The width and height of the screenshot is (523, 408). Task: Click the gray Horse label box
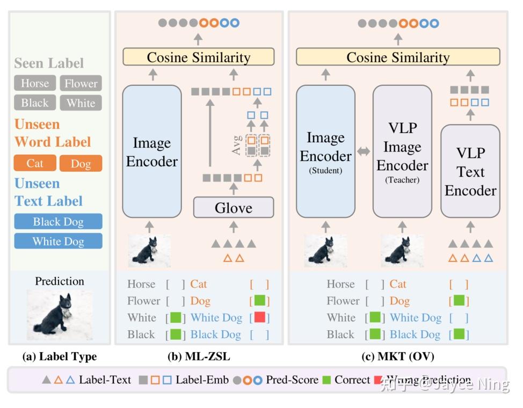(x=35, y=83)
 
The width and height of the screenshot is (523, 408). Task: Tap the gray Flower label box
(x=81, y=83)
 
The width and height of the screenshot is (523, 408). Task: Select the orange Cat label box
(x=34, y=163)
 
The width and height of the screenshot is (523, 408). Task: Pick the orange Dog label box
(x=81, y=163)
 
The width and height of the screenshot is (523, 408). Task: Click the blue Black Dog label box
(x=58, y=222)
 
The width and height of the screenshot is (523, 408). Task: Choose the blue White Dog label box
(x=58, y=241)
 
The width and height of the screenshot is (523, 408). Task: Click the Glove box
(x=234, y=207)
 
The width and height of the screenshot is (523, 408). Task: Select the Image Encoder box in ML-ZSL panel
(x=152, y=151)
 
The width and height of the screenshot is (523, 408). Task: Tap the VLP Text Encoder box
(x=470, y=171)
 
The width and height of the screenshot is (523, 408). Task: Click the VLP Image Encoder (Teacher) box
(x=402, y=151)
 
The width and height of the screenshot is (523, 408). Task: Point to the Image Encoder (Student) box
(x=325, y=151)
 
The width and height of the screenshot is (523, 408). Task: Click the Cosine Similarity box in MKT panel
(x=398, y=57)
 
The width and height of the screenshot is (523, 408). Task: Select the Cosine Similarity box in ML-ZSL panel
(x=199, y=57)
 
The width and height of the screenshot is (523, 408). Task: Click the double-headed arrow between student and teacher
(x=364, y=152)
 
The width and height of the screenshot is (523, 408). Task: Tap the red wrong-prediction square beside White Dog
(x=260, y=317)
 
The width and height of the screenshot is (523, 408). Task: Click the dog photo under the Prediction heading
(x=59, y=315)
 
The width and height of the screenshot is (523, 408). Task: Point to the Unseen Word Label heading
(x=52, y=133)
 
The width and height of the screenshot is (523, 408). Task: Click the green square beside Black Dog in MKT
(x=459, y=334)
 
